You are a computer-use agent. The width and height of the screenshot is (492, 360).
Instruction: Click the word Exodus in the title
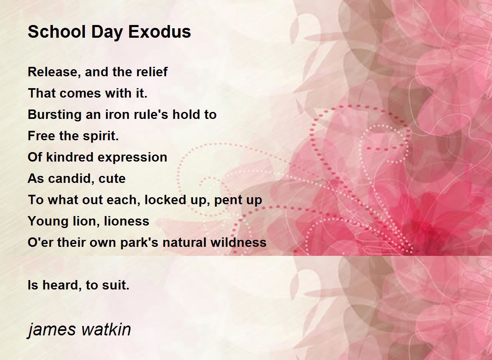[x=159, y=32]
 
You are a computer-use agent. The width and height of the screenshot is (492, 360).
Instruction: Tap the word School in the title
[x=57, y=32]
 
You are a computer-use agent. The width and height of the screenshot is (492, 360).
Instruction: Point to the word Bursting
[x=55, y=115]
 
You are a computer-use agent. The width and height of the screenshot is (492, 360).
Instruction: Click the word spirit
[x=100, y=137]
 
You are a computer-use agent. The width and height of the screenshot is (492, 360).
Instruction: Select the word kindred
[x=70, y=157]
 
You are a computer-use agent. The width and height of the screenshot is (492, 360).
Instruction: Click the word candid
[x=71, y=179]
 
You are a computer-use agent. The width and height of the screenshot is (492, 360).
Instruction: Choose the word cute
[x=112, y=179]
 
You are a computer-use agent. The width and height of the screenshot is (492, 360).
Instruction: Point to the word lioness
[x=127, y=221]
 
